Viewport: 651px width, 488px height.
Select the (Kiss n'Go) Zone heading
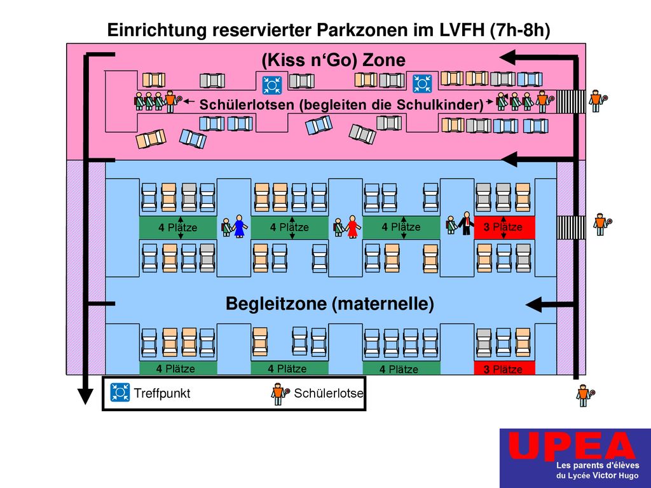pyautogui.click(x=333, y=60)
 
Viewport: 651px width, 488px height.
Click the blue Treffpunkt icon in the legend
pyautogui.click(x=120, y=393)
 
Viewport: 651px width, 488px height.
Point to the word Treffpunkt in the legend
pyautogui.click(x=162, y=393)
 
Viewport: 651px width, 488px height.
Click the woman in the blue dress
pyautogui.click(x=240, y=226)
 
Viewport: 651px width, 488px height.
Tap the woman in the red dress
pyautogui.click(x=352, y=227)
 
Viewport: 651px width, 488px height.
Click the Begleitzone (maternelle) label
pyautogui.click(x=330, y=304)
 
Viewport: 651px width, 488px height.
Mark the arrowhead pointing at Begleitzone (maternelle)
pyautogui.click(x=534, y=304)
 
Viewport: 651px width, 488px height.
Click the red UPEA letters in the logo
pyautogui.click(x=572, y=445)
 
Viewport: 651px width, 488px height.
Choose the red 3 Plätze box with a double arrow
pyautogui.click(x=504, y=227)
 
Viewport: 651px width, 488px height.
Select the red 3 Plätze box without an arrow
pyautogui.click(x=504, y=369)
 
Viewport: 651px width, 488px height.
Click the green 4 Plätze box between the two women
pyautogui.click(x=289, y=227)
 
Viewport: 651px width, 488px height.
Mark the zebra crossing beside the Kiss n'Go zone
pyautogui.click(x=571, y=101)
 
